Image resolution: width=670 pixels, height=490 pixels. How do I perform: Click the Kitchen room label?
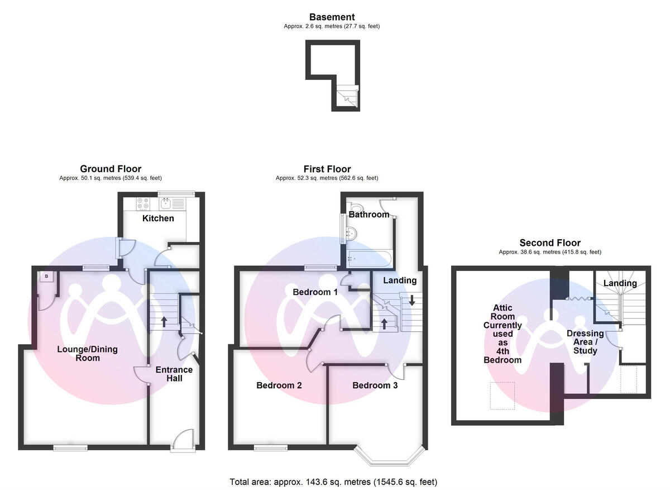158,218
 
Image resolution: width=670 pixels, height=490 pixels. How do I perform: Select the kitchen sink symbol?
166,203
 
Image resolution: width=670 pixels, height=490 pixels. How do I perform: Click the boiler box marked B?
46,276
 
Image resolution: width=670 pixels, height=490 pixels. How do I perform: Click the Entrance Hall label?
174,374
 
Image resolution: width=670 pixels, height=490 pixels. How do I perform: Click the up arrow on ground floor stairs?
164,322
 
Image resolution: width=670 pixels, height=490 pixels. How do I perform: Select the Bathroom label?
369,215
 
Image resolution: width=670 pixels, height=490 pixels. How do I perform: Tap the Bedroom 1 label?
315,292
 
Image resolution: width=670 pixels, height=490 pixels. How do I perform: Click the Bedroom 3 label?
375,386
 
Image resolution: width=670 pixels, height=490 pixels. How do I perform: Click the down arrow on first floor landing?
411,299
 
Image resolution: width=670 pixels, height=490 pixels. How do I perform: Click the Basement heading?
332,17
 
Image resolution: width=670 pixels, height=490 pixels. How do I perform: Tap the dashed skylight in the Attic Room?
502,396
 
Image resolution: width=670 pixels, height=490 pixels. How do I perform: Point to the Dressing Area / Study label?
585,342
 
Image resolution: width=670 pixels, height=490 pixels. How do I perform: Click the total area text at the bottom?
333,482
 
